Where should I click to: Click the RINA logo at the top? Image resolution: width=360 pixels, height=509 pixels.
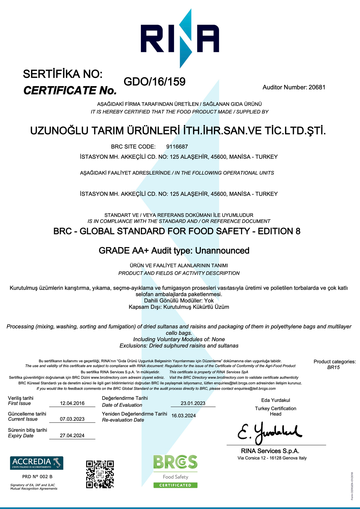coord(180,39)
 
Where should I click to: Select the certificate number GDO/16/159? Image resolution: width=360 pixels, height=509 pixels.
coord(154,82)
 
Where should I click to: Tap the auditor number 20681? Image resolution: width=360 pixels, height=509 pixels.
coord(317,87)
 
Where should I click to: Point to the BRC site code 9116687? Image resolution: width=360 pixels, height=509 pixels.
coord(177,147)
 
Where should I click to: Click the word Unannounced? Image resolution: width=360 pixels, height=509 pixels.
coord(222,251)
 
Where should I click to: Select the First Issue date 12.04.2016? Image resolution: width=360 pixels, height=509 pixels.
coord(72,403)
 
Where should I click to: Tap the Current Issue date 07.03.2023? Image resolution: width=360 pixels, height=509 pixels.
coord(72,419)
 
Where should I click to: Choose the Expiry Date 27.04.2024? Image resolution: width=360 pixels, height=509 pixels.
coord(72,436)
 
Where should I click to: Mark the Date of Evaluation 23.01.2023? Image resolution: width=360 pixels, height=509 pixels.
coord(193,403)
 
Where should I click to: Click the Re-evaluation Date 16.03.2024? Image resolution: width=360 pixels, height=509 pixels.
coord(183,416)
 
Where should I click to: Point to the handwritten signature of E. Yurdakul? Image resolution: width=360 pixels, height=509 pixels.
coord(270,432)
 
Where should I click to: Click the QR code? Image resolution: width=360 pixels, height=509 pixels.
coord(100,474)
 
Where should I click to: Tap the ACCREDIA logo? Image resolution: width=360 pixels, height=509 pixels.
coord(37,463)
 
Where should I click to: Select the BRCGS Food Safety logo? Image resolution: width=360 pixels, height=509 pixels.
coord(175,472)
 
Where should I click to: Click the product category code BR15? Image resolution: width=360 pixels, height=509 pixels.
coord(333,367)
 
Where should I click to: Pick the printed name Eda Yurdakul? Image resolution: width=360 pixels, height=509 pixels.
coord(276,400)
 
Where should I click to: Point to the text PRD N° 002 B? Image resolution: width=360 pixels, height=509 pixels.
coord(37,476)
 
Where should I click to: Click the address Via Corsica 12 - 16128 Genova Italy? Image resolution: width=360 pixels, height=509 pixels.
coord(272,458)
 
